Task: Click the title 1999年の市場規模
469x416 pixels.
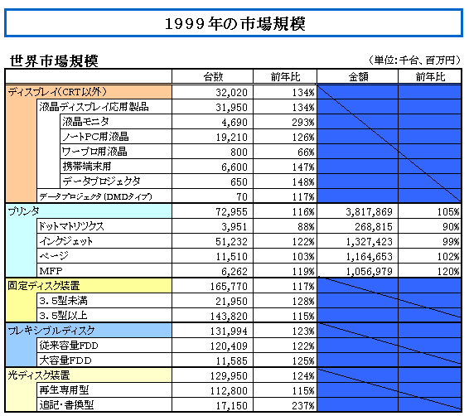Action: coord(235,24)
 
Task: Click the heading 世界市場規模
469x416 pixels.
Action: coord(54,61)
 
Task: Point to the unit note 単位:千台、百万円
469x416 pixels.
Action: coord(414,60)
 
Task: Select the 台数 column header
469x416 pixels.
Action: coord(213,77)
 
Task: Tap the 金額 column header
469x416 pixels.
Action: coord(358,77)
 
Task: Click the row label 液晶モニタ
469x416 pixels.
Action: coord(86,122)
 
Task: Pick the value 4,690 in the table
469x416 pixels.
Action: coord(234,123)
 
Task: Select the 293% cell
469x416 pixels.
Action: coord(303,123)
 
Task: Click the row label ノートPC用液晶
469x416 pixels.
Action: coord(96,137)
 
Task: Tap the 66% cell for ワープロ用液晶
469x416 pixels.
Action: coord(306,152)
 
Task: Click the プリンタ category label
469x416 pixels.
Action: coord(23,211)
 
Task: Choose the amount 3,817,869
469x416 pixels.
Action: coord(369,212)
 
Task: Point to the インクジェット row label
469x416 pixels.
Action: coord(66,241)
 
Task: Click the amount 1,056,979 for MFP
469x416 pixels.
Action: coord(369,272)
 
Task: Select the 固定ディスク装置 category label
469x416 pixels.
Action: coord(44,286)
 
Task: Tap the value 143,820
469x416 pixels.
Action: coord(229,317)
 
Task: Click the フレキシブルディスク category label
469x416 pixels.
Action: coord(51,331)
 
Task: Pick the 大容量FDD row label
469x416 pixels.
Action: coord(65,360)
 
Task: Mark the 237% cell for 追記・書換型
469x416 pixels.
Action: coord(303,406)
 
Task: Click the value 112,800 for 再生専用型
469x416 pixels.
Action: coord(229,391)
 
